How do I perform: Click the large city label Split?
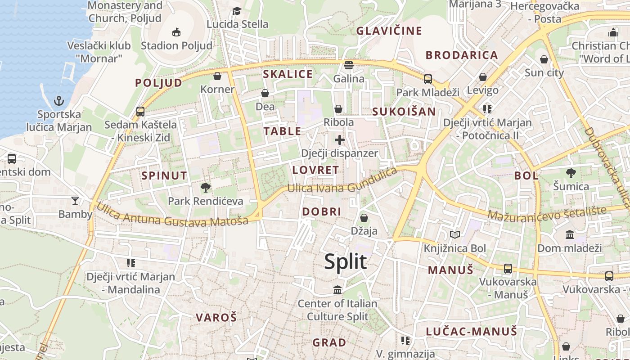coord(345,261)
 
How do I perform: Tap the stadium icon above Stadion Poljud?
coord(176,32)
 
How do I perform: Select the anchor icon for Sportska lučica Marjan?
coord(58,100)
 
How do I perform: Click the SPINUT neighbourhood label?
coord(164,175)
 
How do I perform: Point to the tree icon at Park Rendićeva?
coord(206,187)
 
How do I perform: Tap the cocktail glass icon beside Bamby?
coord(75,201)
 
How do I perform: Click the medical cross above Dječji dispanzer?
coord(340,140)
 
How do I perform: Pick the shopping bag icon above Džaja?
coord(364,218)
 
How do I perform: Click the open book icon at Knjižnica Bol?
coord(455,234)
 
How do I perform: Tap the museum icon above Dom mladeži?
coord(570,234)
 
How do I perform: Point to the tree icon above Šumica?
coord(571,173)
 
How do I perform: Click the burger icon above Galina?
coord(349,65)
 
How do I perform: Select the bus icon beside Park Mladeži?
coord(427,79)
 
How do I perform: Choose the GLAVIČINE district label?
coord(389,31)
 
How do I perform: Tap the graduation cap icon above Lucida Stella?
coord(237,11)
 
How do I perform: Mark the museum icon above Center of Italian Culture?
coord(337,290)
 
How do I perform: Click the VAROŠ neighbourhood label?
coord(216,317)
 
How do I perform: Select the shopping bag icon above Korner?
coord(217,76)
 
